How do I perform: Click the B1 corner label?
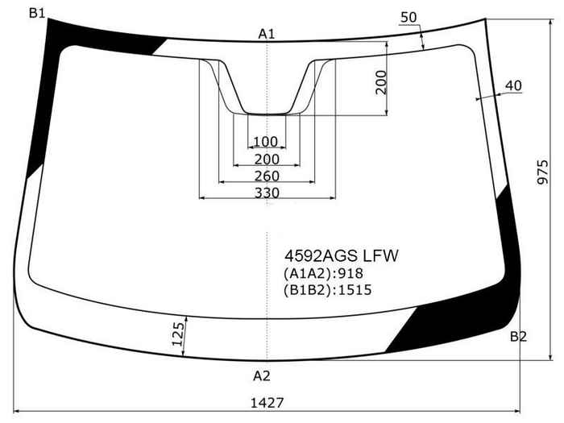[37, 14]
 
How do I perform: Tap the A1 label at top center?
[267, 34]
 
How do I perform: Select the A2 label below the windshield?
[262, 376]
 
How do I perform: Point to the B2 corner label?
[518, 337]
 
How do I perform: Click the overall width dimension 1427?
[267, 403]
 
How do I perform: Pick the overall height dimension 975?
[543, 172]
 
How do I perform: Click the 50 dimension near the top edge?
[408, 17]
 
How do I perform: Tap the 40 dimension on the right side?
[513, 85]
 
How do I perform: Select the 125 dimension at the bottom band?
[178, 334]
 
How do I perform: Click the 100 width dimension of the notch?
[266, 142]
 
